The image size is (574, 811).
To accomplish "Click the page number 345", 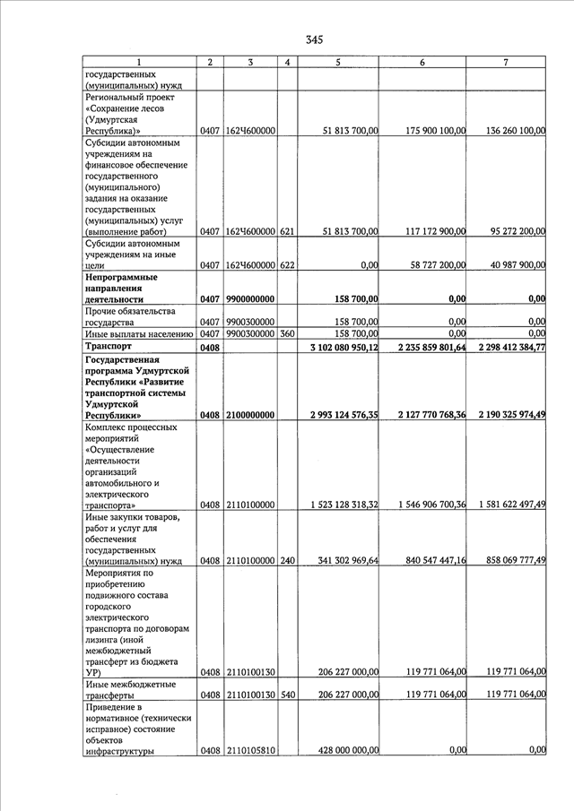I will [313, 39].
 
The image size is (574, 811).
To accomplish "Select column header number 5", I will [337, 62].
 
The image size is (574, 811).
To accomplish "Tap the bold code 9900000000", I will [250, 299].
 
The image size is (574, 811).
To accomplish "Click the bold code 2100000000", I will [250, 415].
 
